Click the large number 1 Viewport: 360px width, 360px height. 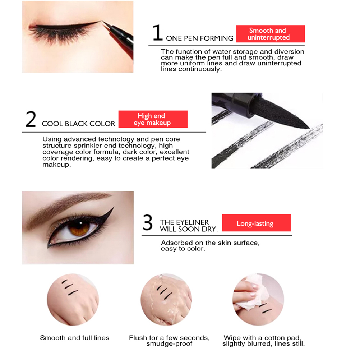click(157, 33)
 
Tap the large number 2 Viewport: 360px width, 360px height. click(31, 119)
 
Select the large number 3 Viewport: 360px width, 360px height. click(147, 222)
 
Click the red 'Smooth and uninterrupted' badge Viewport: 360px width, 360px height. click(270, 34)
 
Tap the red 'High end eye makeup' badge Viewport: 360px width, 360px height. click(153, 119)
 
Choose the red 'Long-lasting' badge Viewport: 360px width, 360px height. click(257, 223)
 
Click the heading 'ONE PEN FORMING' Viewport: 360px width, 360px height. click(199, 38)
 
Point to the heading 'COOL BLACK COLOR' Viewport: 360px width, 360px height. click(78, 124)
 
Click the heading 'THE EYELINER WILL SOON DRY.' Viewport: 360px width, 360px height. click(189, 226)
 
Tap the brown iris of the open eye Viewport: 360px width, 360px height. click(79, 228)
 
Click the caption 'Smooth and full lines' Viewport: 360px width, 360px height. click(75, 338)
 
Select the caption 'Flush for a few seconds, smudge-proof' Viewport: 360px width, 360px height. click(169, 341)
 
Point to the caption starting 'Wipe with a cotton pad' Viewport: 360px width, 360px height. click(263, 341)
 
